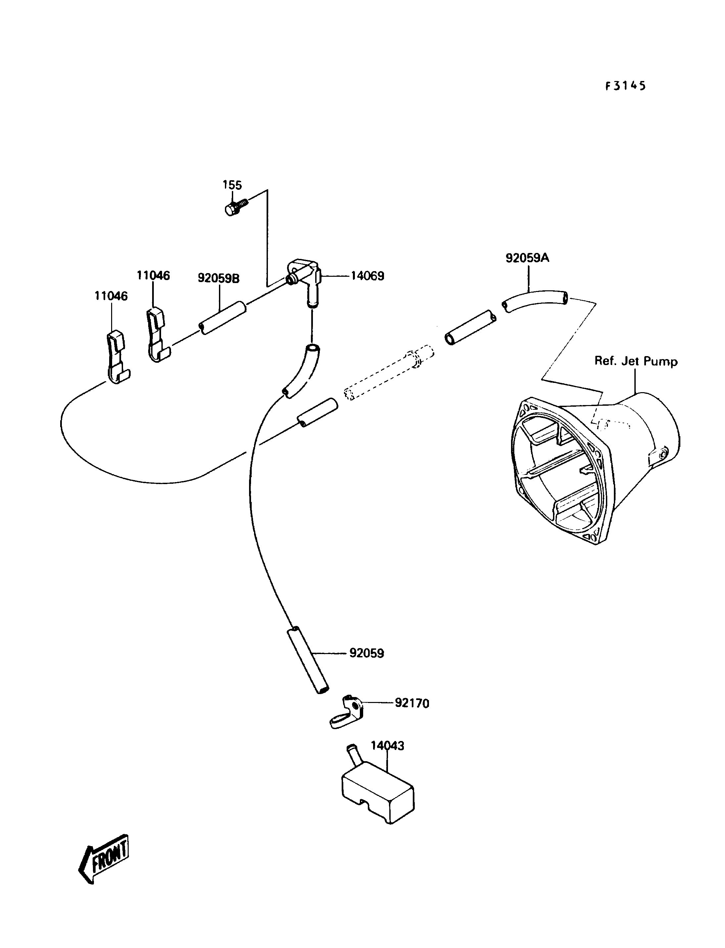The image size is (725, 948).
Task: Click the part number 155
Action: coord(232,185)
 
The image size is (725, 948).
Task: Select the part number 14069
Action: coord(367,276)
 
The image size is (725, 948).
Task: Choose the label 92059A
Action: coord(527,258)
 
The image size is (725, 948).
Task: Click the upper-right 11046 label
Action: coord(153,275)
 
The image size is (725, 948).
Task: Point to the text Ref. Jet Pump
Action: coord(636,361)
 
